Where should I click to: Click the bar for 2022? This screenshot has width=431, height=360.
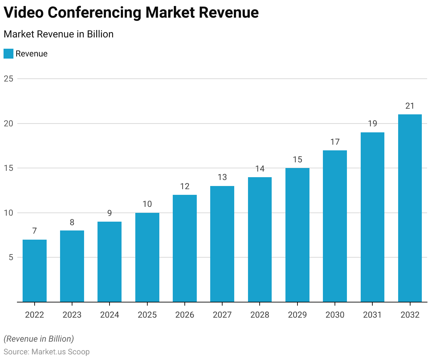[35, 271]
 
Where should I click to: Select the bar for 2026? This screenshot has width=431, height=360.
[185, 248]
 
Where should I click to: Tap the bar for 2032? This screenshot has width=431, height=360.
[410, 208]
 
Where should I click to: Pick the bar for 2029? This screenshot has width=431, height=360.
[297, 235]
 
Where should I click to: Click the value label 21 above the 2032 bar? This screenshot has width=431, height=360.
[410, 106]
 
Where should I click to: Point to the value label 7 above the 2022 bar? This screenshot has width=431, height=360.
[34, 231]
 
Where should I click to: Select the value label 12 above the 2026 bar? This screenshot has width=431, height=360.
[185, 186]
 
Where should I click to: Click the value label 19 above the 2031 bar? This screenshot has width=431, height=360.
[372, 124]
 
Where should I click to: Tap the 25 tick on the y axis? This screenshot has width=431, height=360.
[8, 79]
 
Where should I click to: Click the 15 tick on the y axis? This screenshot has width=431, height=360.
[8, 168]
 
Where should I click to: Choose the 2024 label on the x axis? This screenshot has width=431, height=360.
[110, 315]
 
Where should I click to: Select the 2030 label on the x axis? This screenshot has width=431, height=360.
[335, 315]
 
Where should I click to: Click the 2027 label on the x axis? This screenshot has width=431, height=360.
[222, 315]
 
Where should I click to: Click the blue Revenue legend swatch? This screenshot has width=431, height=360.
[8, 54]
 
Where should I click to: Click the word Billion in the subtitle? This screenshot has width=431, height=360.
[100, 34]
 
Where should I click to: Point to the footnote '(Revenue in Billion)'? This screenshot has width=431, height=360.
[39, 339]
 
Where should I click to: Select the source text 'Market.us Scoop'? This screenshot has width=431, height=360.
[60, 352]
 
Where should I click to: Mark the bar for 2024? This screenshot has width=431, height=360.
[110, 262]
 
